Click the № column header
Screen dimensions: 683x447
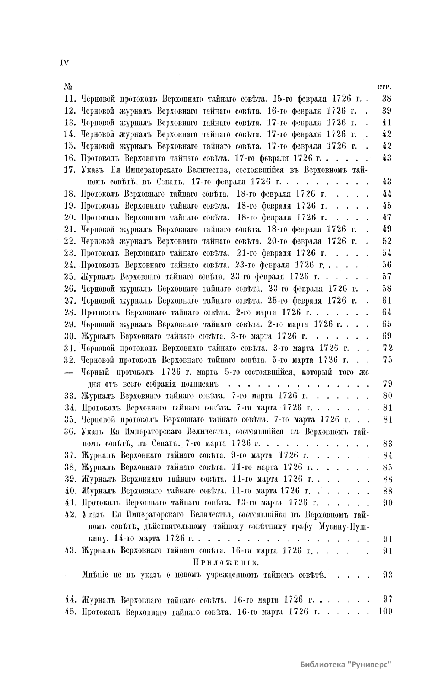[68, 87]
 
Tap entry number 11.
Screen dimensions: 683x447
[70, 99]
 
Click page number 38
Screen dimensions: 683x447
[387, 99]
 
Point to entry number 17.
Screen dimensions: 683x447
[70, 170]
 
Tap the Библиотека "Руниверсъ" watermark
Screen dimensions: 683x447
[347, 665]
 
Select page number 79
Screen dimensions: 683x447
[387, 384]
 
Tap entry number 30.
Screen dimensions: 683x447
[70, 336]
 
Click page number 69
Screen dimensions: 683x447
[387, 336]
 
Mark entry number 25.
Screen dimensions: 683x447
[70, 277]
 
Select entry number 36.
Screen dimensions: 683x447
[70, 432]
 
